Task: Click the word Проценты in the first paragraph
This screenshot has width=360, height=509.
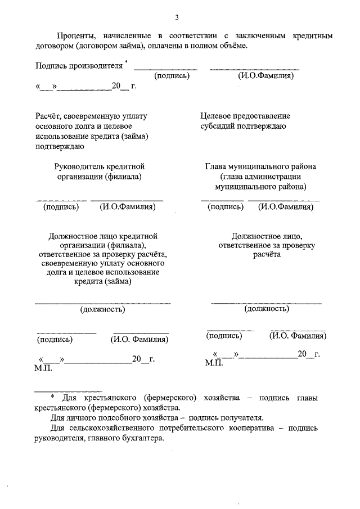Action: tap(78, 35)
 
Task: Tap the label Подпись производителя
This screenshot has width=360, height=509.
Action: tap(78, 65)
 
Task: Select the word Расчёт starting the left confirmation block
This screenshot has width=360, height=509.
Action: tap(49, 116)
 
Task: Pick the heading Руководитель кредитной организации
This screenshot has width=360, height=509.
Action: tap(100, 166)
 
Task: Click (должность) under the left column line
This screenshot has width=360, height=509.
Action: tap(102, 309)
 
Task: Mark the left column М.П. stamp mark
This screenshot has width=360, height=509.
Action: tap(43, 367)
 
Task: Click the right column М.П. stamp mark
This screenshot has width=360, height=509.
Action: tap(214, 363)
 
